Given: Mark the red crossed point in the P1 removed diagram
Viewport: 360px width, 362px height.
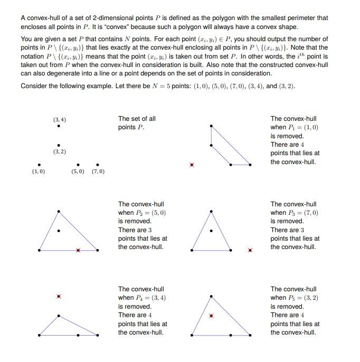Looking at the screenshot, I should click(x=192, y=165).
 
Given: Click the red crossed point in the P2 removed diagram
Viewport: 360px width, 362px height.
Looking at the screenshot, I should click(x=78, y=250).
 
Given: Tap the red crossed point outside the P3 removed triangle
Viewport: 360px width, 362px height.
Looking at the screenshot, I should click(x=250, y=250).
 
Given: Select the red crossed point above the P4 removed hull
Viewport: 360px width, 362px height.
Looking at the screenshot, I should click(x=59, y=297).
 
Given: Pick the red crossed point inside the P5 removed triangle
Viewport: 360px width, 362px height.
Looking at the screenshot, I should click(x=212, y=316).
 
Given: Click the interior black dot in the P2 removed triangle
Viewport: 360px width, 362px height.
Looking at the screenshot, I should click(x=59, y=231).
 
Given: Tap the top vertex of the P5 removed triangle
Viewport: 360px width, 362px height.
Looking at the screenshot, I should click(x=212, y=296).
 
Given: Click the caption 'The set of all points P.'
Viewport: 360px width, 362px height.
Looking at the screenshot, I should click(x=137, y=123).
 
